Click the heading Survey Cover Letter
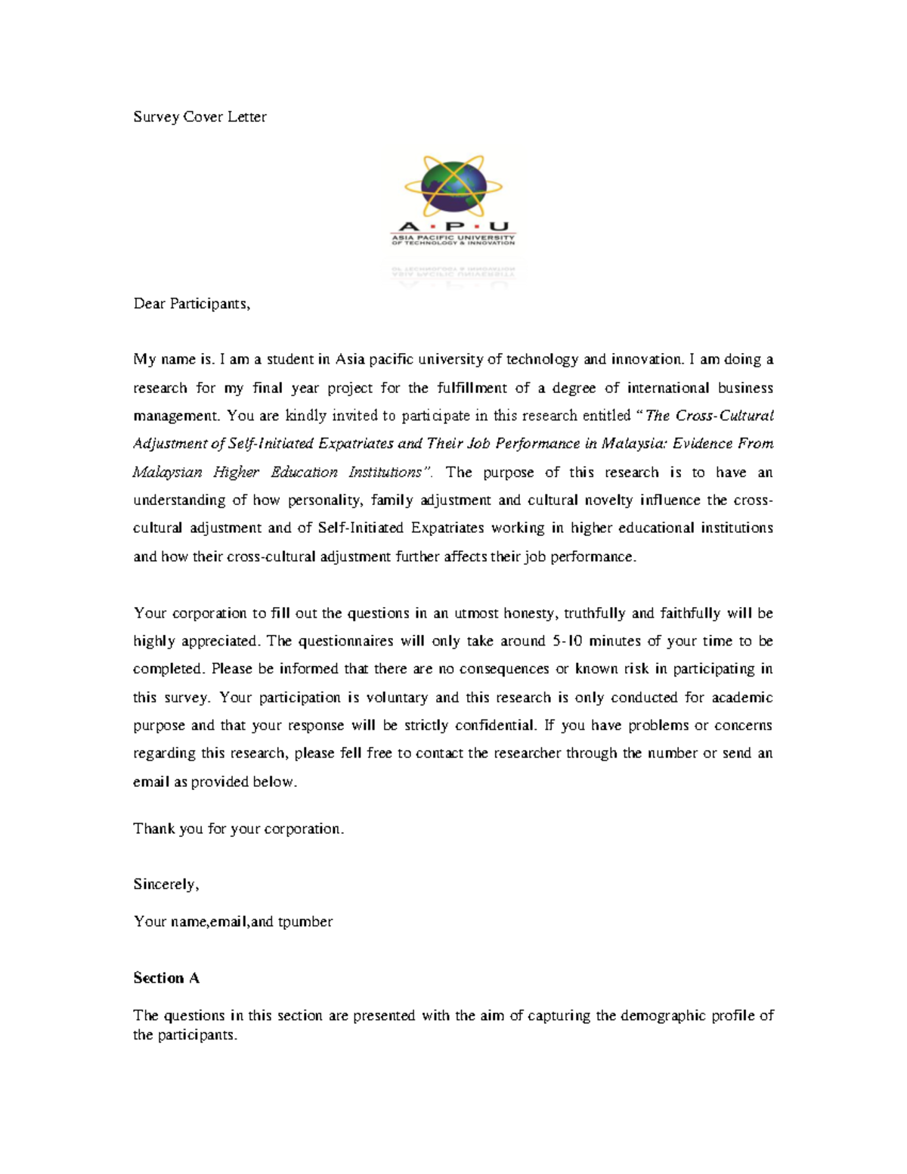click(x=200, y=117)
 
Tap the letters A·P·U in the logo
click(x=453, y=226)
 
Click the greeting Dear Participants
click(x=191, y=304)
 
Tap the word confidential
click(x=495, y=726)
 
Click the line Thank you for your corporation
click(x=238, y=829)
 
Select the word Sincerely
click(x=166, y=884)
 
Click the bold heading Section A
click(x=166, y=978)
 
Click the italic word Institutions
click(x=389, y=472)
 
